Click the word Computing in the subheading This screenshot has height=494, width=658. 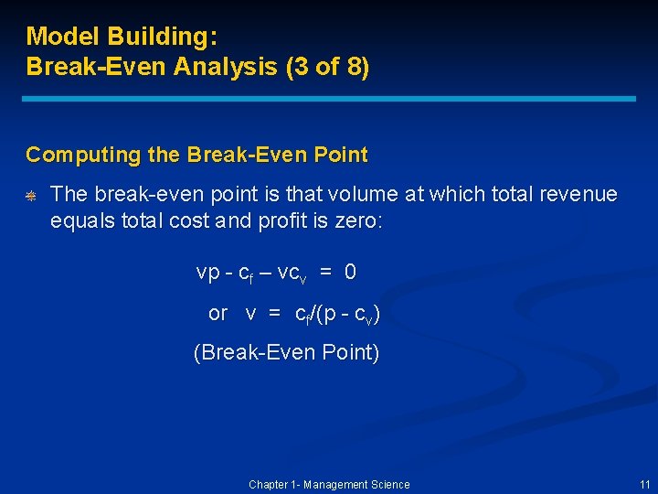click(71, 156)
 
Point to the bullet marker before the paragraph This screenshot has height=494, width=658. click(30, 196)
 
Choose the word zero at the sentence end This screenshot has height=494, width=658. click(360, 220)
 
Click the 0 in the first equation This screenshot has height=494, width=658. click(351, 272)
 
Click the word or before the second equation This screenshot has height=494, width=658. click(218, 314)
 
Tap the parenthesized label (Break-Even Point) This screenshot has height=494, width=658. click(286, 353)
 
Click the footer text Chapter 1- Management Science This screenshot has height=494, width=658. click(329, 485)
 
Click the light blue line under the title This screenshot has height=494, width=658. click(329, 99)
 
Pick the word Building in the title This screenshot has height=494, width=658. click(161, 37)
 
